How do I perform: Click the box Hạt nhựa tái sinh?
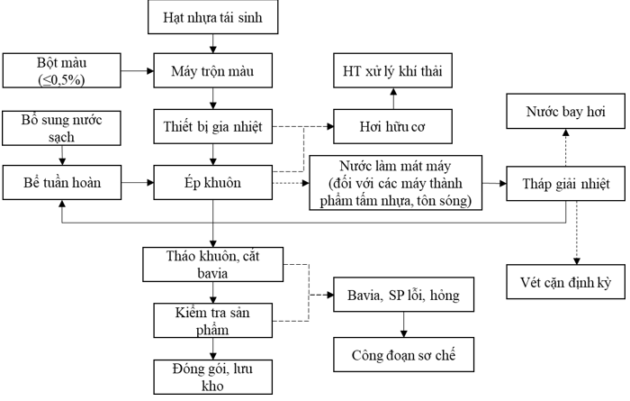coord(213,17)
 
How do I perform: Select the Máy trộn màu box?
coord(213,69)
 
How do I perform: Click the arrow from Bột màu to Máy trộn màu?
coord(134,69)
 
